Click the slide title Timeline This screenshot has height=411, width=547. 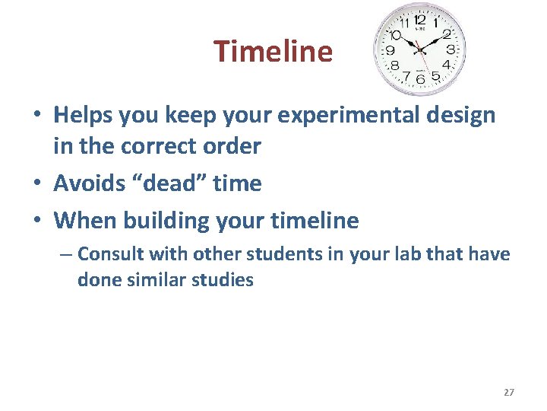[x=273, y=52]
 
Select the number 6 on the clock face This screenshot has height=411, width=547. [x=420, y=79]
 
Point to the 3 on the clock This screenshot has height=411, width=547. [x=451, y=49]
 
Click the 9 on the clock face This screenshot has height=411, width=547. [x=390, y=50]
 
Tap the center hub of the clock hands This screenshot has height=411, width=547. [x=419, y=49]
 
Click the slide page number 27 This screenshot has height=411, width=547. [x=508, y=392]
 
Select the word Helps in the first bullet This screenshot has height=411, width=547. [x=82, y=116]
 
